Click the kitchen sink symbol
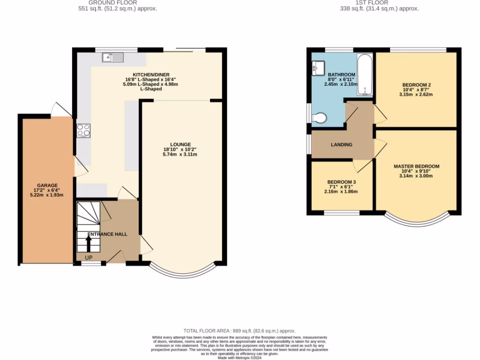tap(112, 58)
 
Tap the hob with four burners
tap(83, 130)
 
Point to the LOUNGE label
tap(180, 144)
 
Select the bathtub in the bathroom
tap(365, 75)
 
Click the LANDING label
tap(341, 144)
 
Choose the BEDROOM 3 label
tap(341, 182)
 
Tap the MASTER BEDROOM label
tap(416, 166)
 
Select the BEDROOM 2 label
tap(416, 85)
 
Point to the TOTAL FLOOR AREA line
tap(240, 331)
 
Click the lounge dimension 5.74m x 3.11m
tap(180, 154)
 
